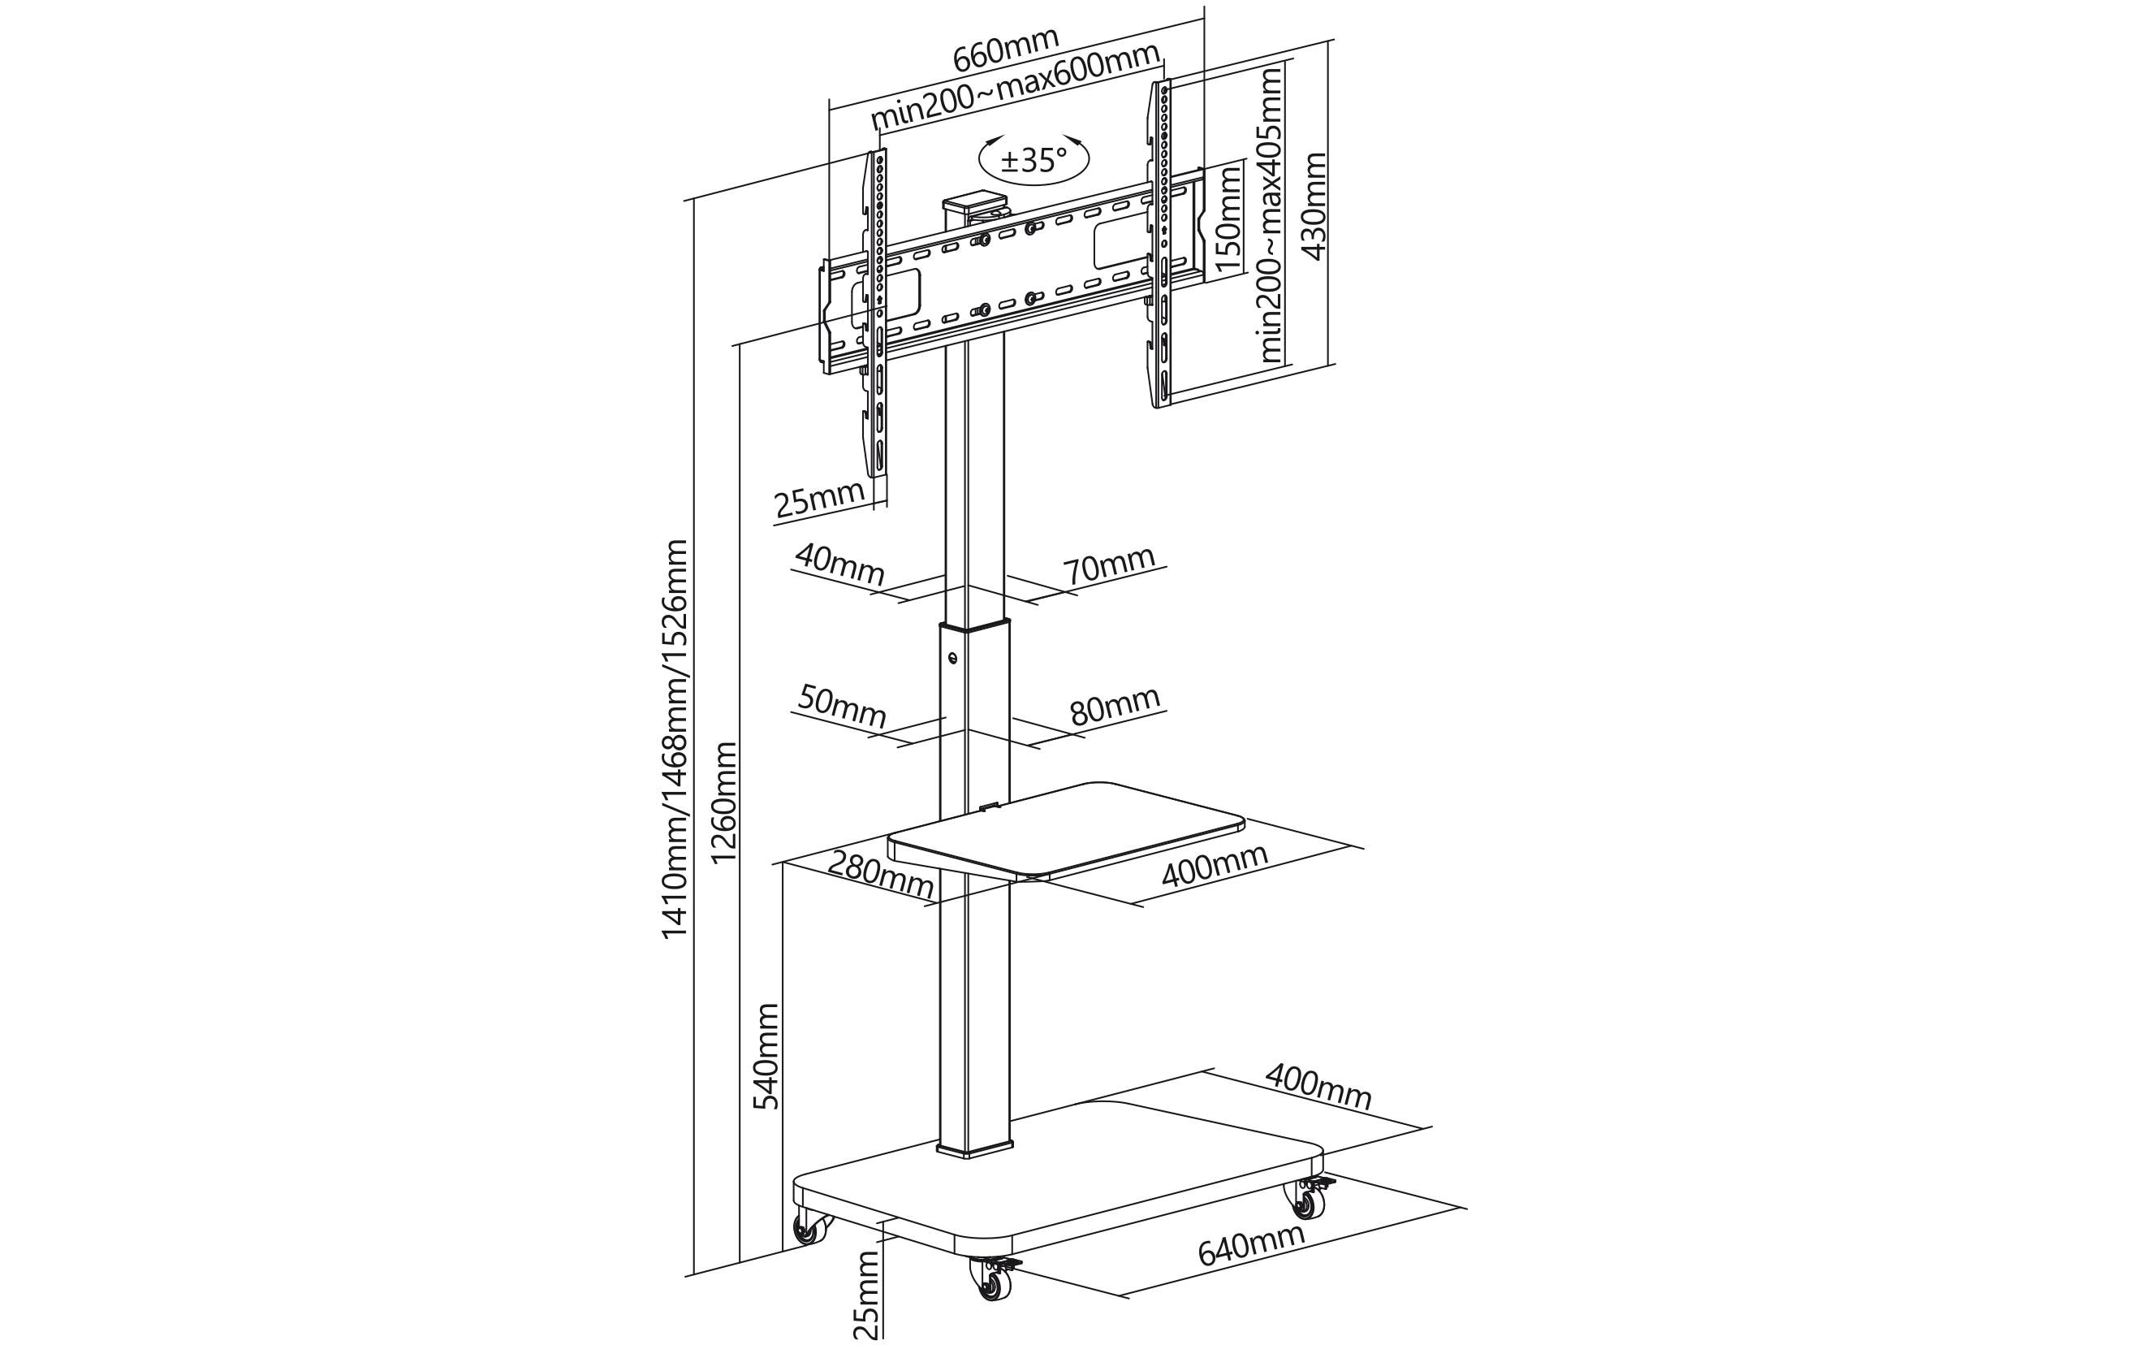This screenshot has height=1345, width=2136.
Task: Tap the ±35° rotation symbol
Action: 1033,161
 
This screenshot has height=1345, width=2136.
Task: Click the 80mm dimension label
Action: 1114,705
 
